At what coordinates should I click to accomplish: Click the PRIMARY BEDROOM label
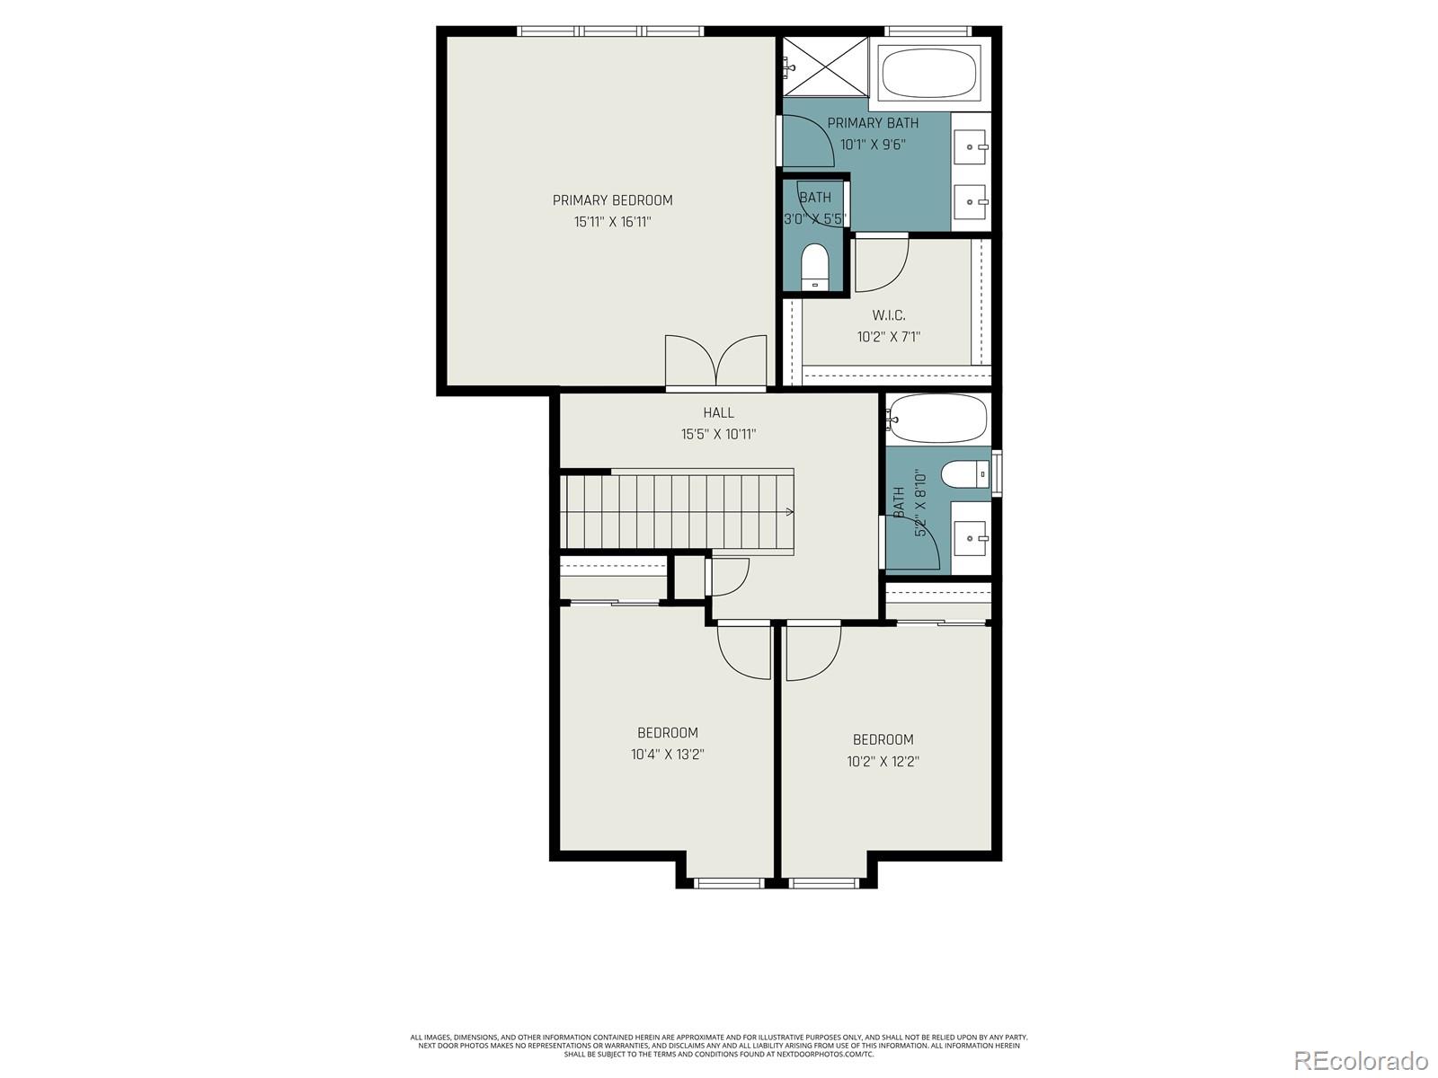(x=612, y=200)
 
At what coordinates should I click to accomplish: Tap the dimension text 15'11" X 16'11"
(x=612, y=222)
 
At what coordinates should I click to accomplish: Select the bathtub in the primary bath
(x=929, y=74)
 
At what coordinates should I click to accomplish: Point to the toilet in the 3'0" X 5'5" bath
(x=814, y=267)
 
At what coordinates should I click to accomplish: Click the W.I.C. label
(x=888, y=315)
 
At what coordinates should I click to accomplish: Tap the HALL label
(x=718, y=412)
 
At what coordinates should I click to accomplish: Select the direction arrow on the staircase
(x=789, y=512)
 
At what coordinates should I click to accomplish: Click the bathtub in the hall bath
(x=936, y=419)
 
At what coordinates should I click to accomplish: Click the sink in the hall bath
(x=972, y=538)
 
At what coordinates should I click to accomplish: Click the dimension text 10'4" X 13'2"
(x=667, y=755)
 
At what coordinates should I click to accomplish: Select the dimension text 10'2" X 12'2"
(x=883, y=762)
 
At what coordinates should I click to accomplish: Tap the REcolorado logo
(x=1361, y=1060)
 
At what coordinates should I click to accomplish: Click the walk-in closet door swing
(x=880, y=264)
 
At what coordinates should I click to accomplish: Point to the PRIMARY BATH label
(x=872, y=123)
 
